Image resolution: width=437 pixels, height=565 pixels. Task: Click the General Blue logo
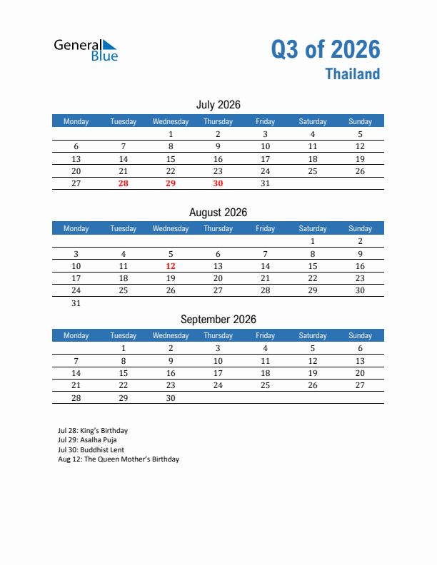[x=86, y=49]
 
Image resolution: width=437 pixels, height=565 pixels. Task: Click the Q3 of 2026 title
[x=326, y=49]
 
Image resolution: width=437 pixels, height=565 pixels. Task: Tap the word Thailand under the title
[x=353, y=74]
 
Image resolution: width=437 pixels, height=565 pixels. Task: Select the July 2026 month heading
[x=218, y=105]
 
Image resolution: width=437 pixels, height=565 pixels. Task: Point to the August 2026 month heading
[x=218, y=213]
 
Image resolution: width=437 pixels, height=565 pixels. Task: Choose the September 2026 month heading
[x=218, y=320]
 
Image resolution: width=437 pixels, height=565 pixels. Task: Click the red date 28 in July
[x=124, y=183]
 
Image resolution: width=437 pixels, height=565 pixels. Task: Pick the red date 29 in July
[x=171, y=183]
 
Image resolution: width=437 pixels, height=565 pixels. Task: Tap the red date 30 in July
[x=218, y=183]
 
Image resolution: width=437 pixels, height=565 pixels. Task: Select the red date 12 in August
[x=171, y=266]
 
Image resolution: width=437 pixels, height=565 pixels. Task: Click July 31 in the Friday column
[x=265, y=183]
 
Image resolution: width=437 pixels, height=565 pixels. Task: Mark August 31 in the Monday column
[x=76, y=303]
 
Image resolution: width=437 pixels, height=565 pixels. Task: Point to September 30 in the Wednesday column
[x=171, y=398]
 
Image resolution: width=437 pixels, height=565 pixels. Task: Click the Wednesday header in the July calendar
[x=171, y=121]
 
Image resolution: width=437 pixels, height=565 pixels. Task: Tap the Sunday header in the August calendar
[x=360, y=229]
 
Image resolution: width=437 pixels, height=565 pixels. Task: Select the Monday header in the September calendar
[x=76, y=336]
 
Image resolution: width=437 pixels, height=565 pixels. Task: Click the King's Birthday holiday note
[x=93, y=431]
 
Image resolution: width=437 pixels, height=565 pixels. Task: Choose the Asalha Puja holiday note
[x=87, y=440]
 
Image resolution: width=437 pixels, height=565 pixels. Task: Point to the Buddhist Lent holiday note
[x=91, y=449]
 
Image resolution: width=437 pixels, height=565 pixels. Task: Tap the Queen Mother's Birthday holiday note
[x=119, y=459]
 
